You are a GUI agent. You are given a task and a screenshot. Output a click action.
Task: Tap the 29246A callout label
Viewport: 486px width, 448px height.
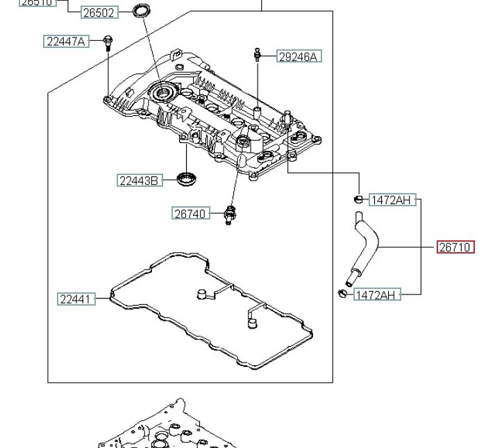tap(297, 57)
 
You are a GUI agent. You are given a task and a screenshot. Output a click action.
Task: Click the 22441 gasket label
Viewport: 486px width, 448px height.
tap(76, 299)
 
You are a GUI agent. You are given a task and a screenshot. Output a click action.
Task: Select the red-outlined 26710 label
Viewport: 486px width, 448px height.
tap(455, 247)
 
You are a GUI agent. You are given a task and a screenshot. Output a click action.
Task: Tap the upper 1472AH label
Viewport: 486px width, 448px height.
tap(391, 201)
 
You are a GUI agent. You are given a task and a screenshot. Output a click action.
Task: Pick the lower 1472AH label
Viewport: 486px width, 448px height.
tap(376, 295)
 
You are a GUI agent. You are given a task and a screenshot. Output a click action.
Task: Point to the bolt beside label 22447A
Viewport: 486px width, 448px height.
tap(108, 42)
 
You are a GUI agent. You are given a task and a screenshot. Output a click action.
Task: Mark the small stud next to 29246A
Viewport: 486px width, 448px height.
tap(257, 54)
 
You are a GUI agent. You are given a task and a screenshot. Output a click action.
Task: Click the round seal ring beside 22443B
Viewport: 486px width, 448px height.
tap(186, 178)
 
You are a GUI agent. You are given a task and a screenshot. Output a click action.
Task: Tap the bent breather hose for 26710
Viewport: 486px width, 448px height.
tap(364, 247)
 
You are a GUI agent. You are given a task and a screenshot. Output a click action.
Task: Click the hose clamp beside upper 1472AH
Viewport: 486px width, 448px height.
tap(358, 199)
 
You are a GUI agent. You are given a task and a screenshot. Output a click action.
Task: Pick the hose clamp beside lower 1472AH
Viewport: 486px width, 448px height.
tap(342, 292)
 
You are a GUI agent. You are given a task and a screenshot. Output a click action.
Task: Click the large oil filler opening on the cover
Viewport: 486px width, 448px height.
tap(165, 92)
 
